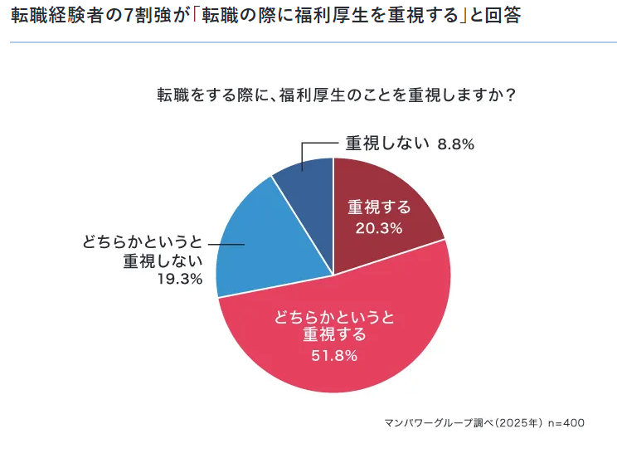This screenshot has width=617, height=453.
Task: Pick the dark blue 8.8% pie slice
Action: point(307,178)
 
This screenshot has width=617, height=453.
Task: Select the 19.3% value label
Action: point(180,279)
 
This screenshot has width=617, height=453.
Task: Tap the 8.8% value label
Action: point(455,144)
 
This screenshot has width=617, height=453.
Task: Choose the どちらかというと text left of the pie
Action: point(142,242)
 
